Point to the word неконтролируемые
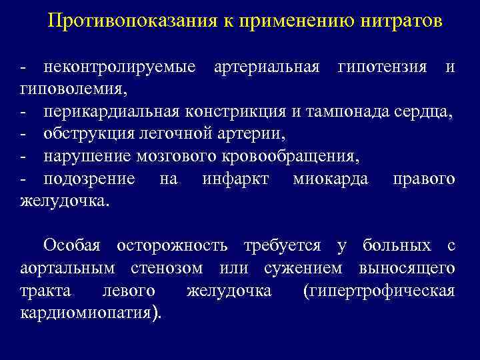point(119,67)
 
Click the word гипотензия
point(383,67)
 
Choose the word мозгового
point(180,157)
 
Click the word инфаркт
point(235,179)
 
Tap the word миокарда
point(330,179)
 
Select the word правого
point(424,179)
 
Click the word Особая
point(71,246)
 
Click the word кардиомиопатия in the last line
point(87,313)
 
